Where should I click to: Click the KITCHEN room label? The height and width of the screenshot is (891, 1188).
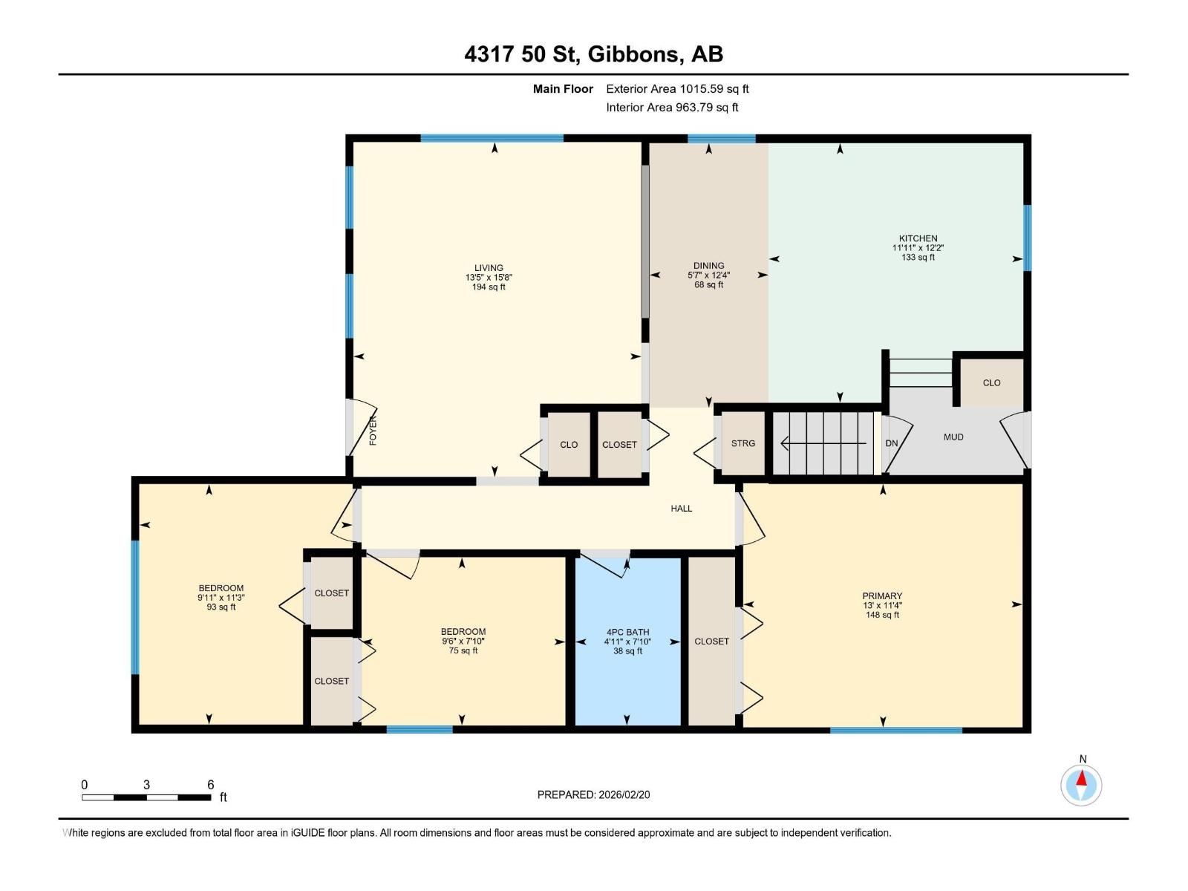[918, 238]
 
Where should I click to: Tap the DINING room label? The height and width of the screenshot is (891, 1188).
[708, 266]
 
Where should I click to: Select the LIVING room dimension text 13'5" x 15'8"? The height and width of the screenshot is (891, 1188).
[488, 278]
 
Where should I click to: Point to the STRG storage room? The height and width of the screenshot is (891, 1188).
[742, 443]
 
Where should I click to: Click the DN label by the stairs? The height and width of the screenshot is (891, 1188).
[892, 443]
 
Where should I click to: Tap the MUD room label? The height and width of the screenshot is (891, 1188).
[953, 437]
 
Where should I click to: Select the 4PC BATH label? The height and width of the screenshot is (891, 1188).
[627, 632]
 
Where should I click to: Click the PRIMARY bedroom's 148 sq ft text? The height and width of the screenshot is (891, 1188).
[882, 615]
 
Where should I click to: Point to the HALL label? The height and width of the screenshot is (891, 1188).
[681, 509]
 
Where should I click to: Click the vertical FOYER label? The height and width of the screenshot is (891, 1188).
[373, 431]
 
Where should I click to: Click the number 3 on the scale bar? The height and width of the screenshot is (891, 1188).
[146, 785]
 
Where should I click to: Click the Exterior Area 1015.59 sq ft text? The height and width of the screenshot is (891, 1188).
[677, 88]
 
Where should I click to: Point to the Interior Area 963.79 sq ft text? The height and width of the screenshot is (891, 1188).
[672, 107]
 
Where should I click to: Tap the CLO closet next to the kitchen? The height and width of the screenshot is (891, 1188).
[991, 383]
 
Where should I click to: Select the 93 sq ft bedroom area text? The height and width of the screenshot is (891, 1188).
[221, 607]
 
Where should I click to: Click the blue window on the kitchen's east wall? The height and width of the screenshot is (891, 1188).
[1027, 238]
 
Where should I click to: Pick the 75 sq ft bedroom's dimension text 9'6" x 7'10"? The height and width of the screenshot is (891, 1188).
[463, 641]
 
